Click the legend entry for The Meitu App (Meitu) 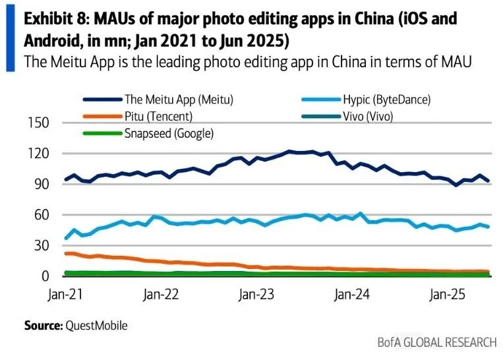179,100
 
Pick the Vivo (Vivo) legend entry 378,117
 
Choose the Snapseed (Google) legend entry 169,133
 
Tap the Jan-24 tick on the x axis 351,293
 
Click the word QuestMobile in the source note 96,325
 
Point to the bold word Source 42,325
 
